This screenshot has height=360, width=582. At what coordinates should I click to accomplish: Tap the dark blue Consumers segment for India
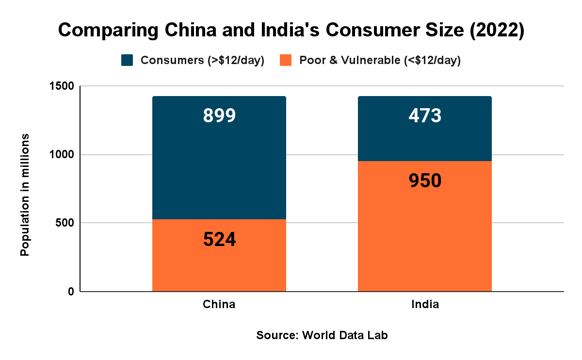(x=425, y=141)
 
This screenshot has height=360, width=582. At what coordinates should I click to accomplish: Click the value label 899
(x=219, y=115)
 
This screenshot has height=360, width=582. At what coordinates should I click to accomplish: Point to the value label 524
(x=219, y=240)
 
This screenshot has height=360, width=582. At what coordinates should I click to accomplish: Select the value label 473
(x=425, y=115)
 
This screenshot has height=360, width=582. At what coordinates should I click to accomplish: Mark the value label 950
(x=425, y=180)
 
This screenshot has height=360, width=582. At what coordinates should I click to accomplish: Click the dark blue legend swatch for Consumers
(x=127, y=60)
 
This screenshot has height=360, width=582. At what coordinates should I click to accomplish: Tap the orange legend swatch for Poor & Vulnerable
(x=286, y=60)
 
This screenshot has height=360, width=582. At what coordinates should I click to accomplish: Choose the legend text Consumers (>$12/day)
(x=202, y=61)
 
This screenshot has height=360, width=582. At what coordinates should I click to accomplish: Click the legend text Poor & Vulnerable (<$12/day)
(x=380, y=61)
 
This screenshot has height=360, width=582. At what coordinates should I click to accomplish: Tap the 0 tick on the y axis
(x=70, y=292)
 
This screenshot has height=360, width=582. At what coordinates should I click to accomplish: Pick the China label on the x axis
(x=219, y=305)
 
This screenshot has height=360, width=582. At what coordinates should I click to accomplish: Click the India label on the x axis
(x=425, y=305)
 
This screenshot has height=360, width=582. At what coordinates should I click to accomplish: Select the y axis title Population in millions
(x=25, y=194)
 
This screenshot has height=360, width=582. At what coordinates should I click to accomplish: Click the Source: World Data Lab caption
(x=322, y=335)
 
